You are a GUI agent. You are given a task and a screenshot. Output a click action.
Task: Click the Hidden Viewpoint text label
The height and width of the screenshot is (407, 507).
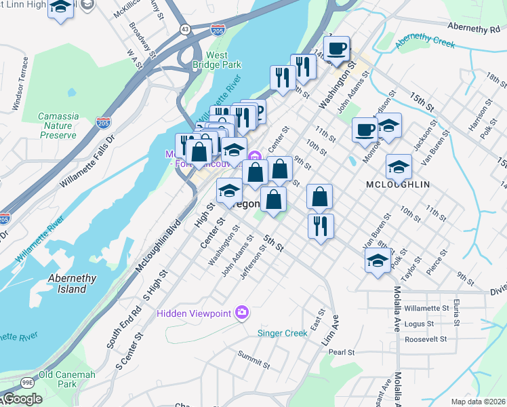coord(195,313)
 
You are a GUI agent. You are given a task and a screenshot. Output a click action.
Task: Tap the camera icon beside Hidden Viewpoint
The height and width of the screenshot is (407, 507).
coord(242,313)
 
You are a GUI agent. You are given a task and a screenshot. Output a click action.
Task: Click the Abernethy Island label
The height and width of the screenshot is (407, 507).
coord(72,284)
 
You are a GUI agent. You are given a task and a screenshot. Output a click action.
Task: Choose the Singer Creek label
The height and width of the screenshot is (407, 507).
coord(283,333)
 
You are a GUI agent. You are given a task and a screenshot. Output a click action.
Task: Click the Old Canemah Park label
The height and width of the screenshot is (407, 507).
coord(66,379)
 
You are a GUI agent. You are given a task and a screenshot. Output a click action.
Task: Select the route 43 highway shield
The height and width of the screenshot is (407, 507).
coord(185,28)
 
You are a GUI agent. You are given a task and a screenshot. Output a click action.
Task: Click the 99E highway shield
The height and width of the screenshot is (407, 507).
coord(27,383)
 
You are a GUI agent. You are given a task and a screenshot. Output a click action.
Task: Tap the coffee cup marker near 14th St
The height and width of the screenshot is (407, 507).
coord(336,49)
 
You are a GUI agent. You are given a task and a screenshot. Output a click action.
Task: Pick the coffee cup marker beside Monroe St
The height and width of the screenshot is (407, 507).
coord(365,130)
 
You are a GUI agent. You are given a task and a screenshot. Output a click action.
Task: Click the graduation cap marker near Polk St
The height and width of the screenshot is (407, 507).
coord(377,260)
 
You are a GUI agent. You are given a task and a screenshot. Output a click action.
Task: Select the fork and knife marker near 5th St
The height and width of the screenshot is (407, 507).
coord(321,226)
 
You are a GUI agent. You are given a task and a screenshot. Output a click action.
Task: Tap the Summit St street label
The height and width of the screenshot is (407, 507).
coord(254,360)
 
